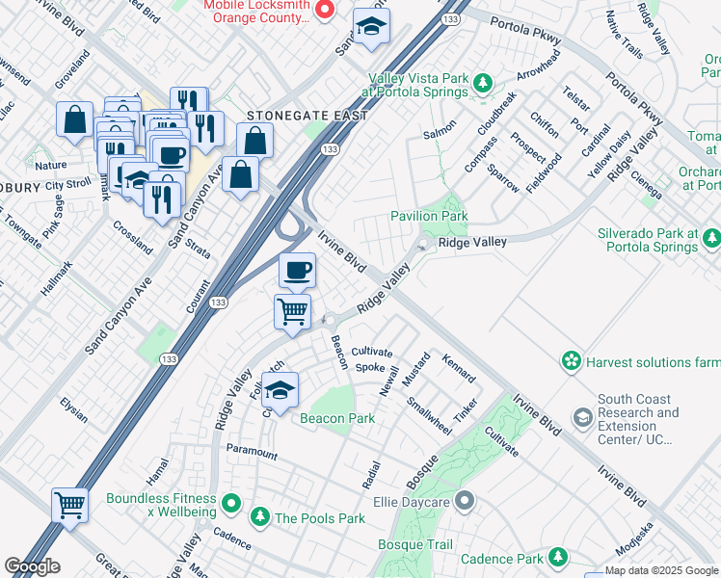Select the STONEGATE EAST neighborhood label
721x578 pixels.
click(307, 116)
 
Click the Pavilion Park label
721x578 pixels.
click(428, 217)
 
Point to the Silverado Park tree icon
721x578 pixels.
click(711, 237)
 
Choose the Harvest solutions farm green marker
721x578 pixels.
click(572, 361)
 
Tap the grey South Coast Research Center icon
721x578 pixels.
click(582, 417)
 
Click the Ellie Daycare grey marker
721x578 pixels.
click(466, 500)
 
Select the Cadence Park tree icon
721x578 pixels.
click(557, 557)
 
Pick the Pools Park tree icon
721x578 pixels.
click(259, 517)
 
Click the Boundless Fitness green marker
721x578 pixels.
click(230, 502)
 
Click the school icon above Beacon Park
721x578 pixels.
click(280, 391)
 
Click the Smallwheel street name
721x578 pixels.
click(428, 416)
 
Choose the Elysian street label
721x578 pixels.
click(73, 410)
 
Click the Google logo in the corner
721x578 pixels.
click(32, 566)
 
